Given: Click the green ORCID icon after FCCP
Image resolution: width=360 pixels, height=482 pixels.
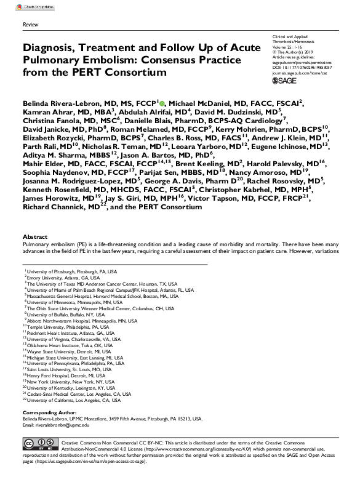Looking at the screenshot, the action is click(x=162, y=103).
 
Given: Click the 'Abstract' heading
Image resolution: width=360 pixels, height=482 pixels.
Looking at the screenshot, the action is click(x=34, y=236).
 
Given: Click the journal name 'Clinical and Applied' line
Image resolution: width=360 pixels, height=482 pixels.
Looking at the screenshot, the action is click(x=292, y=37).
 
